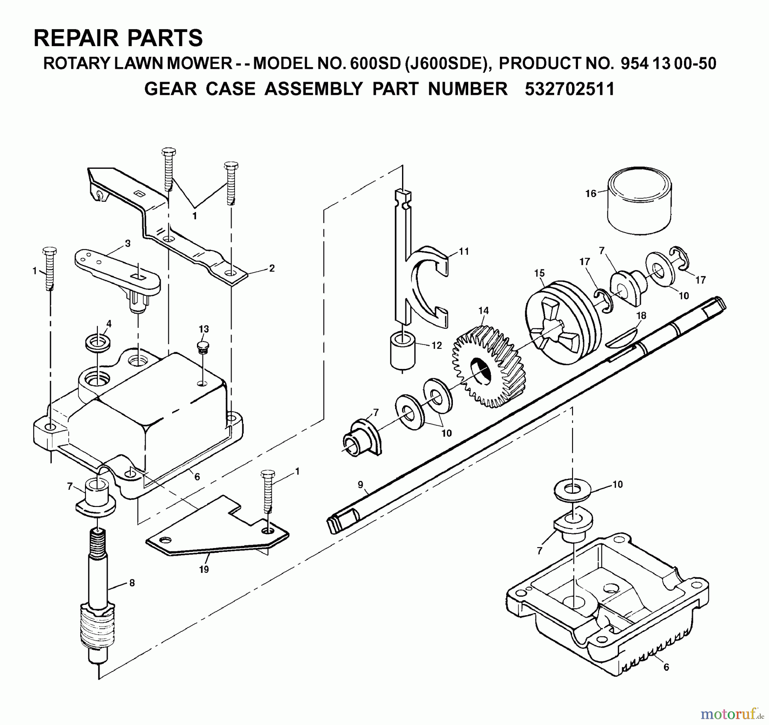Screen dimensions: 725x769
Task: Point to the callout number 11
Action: pos(464,251)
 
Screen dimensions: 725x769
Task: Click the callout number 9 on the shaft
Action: pos(361,484)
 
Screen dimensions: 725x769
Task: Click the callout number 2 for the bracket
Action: pos(272,268)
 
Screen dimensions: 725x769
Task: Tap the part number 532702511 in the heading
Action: pos(569,89)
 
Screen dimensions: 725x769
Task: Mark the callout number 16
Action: pos(590,194)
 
